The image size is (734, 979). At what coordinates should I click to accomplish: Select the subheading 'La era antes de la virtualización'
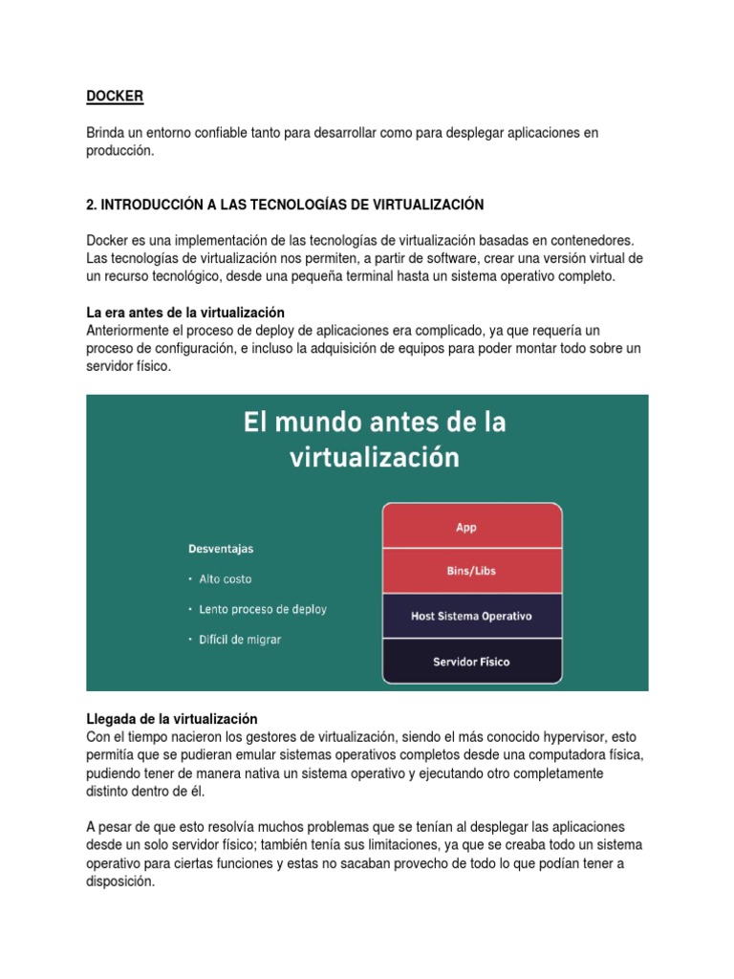(185, 313)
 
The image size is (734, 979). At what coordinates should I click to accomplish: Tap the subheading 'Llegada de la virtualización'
(172, 718)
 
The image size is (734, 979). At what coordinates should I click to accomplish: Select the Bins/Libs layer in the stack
(471, 571)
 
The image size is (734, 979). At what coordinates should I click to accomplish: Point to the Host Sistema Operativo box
(471, 616)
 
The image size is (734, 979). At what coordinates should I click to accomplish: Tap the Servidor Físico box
(471, 661)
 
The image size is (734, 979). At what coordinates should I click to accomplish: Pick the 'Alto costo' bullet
(226, 579)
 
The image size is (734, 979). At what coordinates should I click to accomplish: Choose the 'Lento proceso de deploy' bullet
(262, 609)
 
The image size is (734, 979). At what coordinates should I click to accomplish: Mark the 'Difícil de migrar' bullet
(240, 639)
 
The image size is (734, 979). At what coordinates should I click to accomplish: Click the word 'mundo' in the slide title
(317, 422)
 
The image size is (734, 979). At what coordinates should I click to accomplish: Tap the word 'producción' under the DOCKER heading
(119, 150)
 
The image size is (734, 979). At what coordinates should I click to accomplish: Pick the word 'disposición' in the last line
(119, 882)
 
